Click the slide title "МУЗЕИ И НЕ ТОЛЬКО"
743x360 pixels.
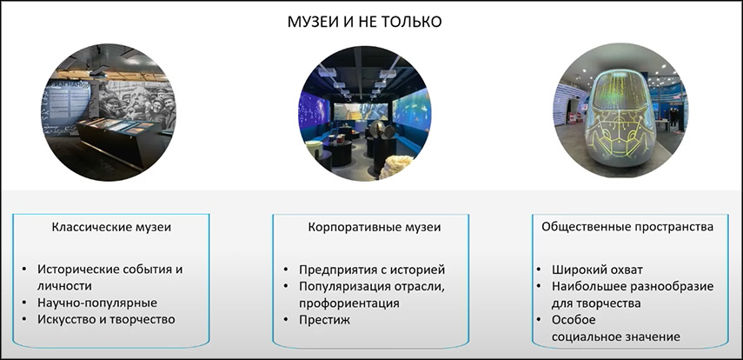tap(364, 22)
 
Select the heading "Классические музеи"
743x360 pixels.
tap(111, 227)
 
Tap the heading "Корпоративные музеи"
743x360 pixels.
tap(375, 227)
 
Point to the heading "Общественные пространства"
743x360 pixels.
tap(627, 227)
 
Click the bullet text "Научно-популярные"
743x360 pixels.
tap(97, 303)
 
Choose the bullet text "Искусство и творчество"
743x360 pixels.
tap(106, 319)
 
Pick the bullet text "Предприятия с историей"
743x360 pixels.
tap(372, 270)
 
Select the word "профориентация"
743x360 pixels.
tap(349, 303)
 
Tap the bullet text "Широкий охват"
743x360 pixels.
tap(597, 270)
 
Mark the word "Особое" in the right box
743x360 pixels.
tap(574, 320)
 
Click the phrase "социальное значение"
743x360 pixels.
tap(616, 337)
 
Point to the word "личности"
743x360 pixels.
tap(64, 286)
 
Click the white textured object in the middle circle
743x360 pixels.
tap(395, 166)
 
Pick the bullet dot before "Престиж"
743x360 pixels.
tap(286, 320)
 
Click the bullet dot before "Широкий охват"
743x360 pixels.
tap(539, 270)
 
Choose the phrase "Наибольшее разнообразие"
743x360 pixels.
tap(633, 286)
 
